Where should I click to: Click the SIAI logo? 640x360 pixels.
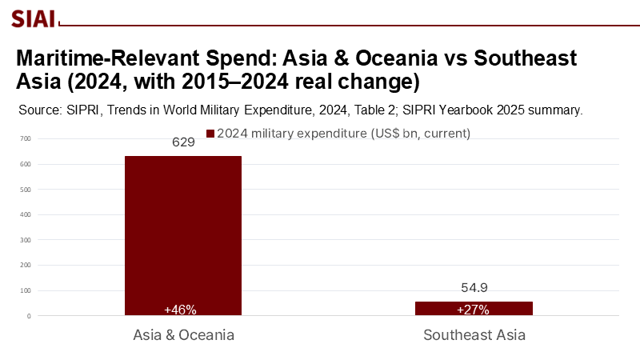(x=33, y=17)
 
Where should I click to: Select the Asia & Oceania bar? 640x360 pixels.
(x=183, y=232)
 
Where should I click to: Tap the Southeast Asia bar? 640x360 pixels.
(x=474, y=308)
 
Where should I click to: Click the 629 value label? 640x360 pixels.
(x=184, y=142)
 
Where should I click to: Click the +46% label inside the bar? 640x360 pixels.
(x=180, y=310)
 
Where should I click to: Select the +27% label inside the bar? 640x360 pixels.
(x=473, y=310)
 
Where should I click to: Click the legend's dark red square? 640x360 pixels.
(x=210, y=133)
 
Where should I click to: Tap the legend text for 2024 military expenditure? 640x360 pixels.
(x=343, y=133)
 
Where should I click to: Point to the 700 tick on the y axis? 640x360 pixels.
(x=26, y=139)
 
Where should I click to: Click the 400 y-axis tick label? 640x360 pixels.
(x=26, y=215)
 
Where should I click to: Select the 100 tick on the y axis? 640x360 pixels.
(x=26, y=290)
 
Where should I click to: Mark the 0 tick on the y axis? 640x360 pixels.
(x=28, y=316)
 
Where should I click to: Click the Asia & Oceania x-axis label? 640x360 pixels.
(x=183, y=335)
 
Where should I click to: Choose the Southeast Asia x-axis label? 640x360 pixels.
(x=474, y=335)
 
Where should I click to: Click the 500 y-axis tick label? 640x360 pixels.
(x=26, y=190)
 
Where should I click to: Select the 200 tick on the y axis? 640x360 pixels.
(x=26, y=266)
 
